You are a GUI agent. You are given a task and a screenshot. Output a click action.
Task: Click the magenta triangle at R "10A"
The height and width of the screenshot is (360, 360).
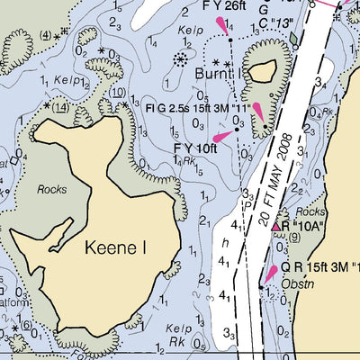tap(278, 226)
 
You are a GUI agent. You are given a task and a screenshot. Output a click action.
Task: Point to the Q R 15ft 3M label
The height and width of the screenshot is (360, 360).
tap(319, 268)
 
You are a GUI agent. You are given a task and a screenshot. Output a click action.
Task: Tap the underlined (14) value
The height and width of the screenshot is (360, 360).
tap(60, 106)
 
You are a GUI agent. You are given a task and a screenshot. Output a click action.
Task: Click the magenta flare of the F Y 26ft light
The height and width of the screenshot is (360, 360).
tap(221, 28)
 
